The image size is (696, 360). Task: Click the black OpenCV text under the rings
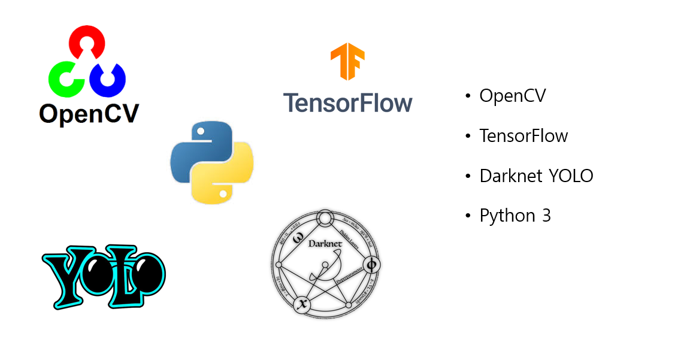(89, 113)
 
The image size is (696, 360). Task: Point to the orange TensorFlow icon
(347, 62)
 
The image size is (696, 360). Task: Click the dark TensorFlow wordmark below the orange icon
(347, 102)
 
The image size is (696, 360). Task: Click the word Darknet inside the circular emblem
(324, 244)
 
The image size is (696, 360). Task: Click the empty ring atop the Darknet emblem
(325, 217)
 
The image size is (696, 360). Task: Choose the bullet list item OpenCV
(513, 96)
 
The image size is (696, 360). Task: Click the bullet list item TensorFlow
(523, 136)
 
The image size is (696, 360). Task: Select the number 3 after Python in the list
(546, 216)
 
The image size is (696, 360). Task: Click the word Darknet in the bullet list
(508, 176)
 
